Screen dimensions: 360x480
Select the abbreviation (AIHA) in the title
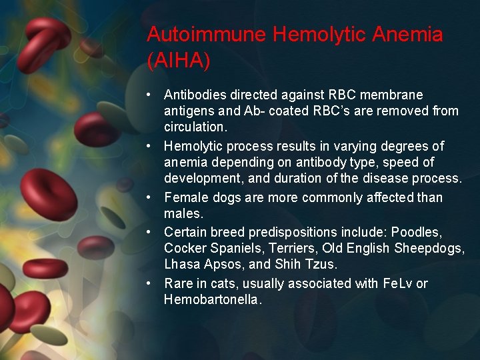(x=179, y=61)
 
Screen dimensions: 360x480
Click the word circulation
(x=195, y=127)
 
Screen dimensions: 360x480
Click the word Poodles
(x=415, y=233)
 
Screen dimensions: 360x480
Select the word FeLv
(x=398, y=283)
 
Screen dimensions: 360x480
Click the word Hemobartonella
(x=213, y=299)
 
